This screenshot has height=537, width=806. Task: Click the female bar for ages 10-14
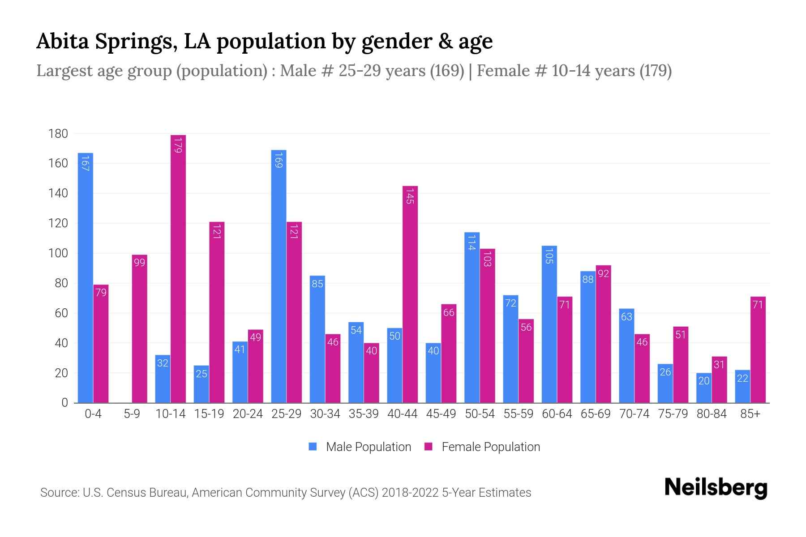point(178,268)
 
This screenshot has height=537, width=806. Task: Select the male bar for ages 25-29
point(279,277)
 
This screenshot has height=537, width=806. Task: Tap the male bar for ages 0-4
point(86,277)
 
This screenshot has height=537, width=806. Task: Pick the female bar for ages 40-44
point(410,294)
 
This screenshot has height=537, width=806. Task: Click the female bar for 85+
point(758,350)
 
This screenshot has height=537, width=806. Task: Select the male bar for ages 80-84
point(704,388)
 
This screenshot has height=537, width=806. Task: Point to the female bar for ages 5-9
point(140,329)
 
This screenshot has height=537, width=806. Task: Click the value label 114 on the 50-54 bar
point(472,243)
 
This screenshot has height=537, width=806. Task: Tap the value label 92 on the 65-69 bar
point(604,273)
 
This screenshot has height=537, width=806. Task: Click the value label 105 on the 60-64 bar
point(549,256)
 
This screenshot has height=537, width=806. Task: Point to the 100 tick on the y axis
point(58,253)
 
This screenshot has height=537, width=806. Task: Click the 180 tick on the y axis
point(58,134)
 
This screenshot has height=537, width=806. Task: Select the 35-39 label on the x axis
point(364,414)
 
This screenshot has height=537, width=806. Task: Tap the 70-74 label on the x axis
point(634,414)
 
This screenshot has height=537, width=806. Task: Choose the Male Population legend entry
point(368,447)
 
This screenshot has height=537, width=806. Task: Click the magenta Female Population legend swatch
point(429,447)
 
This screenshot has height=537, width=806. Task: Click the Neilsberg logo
point(716,488)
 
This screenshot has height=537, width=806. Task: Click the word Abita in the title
point(62,41)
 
